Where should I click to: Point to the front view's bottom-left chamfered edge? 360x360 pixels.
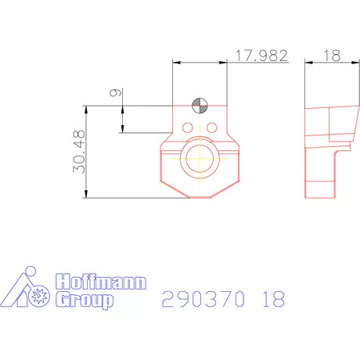174,188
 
